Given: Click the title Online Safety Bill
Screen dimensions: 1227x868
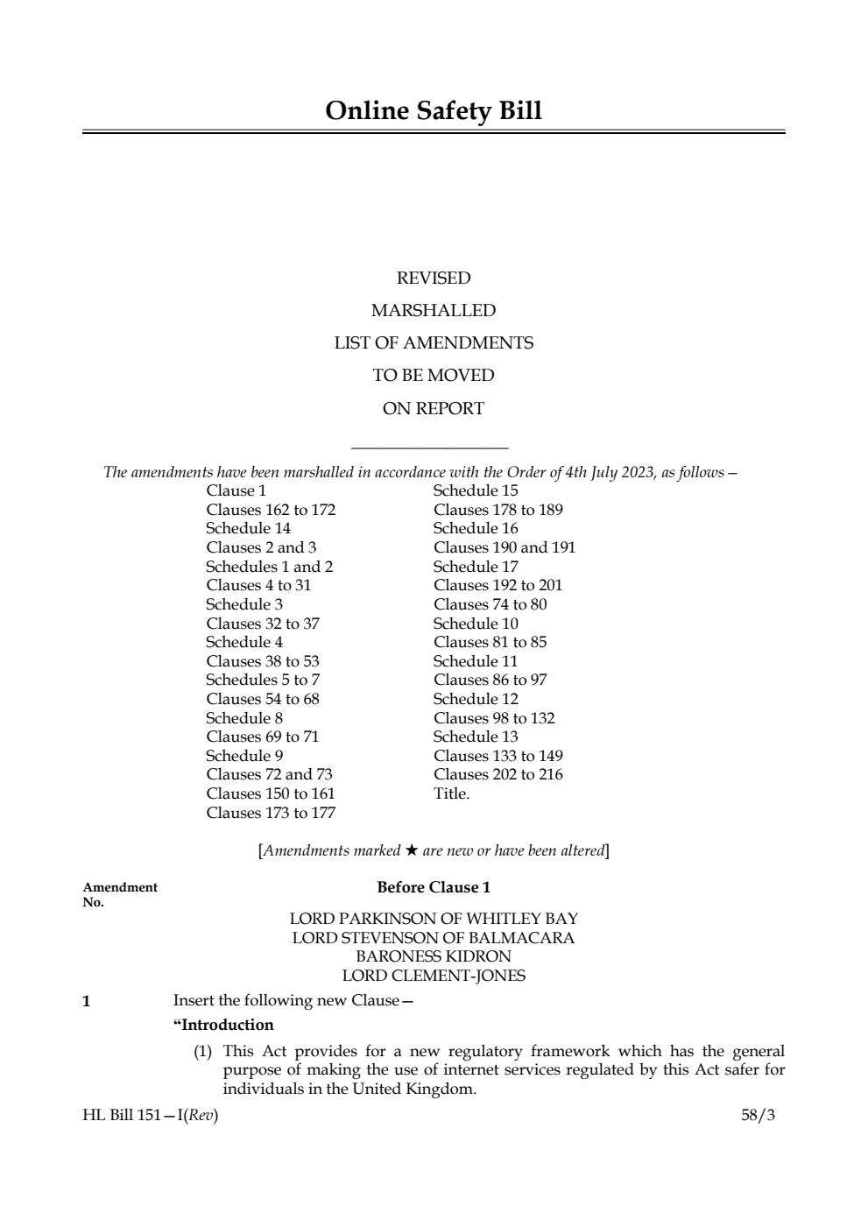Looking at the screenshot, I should pos(434,111).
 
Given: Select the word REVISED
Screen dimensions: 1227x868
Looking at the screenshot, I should pos(434,279).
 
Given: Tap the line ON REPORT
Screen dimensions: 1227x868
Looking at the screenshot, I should pos(434,408).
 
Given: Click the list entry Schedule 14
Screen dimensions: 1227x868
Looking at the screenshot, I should pos(248,528).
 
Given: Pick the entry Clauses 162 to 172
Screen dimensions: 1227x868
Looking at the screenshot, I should pos(271,510).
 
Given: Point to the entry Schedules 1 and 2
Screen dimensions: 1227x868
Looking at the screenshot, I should pos(269,567).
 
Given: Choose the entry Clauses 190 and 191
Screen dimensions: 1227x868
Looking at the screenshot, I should pos(504,547).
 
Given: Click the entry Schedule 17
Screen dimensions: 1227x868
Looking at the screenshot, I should pos(476,567).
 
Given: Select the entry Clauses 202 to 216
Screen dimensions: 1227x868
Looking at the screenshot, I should pos(498,774).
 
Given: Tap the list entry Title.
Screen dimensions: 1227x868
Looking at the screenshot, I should pos(451,793).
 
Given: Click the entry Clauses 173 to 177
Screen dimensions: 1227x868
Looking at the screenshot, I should pos(271,813).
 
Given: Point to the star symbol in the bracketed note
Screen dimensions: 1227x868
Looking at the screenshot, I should pos(411,850).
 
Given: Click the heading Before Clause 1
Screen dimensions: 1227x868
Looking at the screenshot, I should pos(434,887).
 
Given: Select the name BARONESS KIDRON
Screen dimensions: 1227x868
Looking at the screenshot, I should pos(434,956).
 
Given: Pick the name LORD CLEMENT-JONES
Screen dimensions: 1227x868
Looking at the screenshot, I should pos(434,976).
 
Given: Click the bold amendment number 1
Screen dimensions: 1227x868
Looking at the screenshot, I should pos(86,1001).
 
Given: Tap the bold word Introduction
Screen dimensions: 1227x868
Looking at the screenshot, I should pos(226,1025).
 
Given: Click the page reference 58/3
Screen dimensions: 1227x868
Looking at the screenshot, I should pos(758,1115).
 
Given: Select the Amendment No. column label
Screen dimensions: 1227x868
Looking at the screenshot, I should pos(120,894).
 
